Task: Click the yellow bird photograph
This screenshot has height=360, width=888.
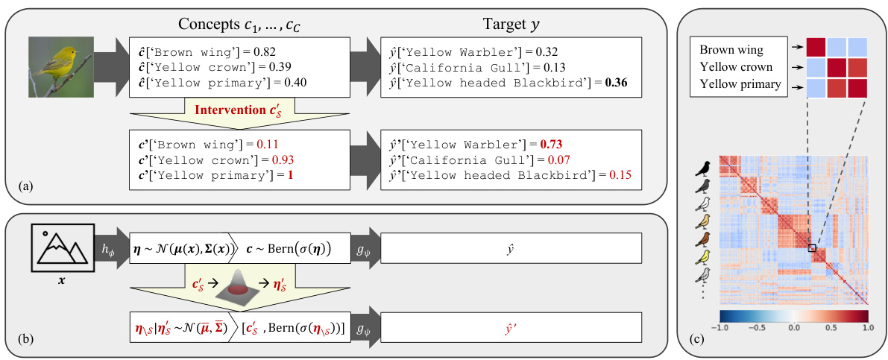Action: click(x=62, y=67)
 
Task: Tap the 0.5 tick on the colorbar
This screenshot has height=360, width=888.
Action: click(x=831, y=326)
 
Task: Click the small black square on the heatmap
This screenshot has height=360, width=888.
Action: click(x=812, y=247)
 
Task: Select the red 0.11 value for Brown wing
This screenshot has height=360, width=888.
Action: click(x=267, y=144)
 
